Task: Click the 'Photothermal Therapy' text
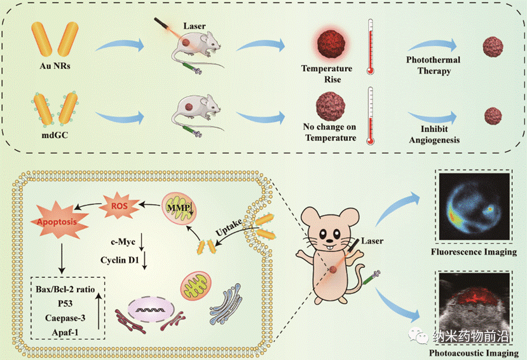(434, 66)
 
